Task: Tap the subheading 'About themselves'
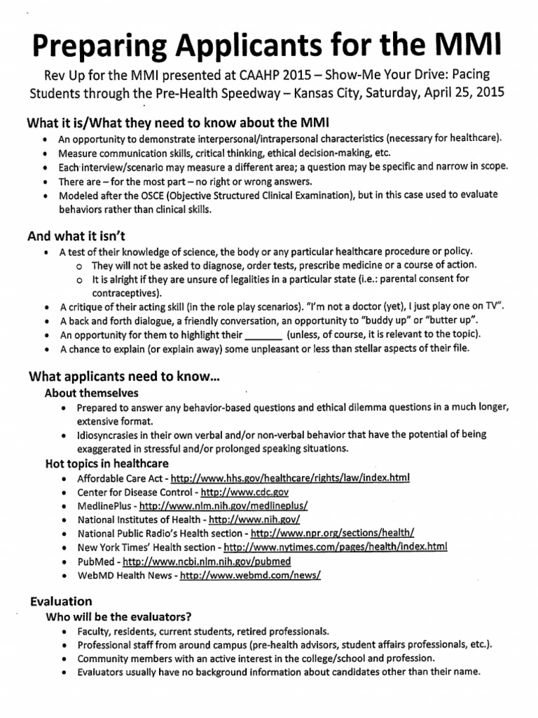[92, 393]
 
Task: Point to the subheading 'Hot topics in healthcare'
[106, 463]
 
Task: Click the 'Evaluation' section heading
[61, 601]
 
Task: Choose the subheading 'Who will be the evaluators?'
[119, 617]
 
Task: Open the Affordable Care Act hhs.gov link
[290, 478]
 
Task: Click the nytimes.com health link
[335, 547]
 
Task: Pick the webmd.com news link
[251, 575]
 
